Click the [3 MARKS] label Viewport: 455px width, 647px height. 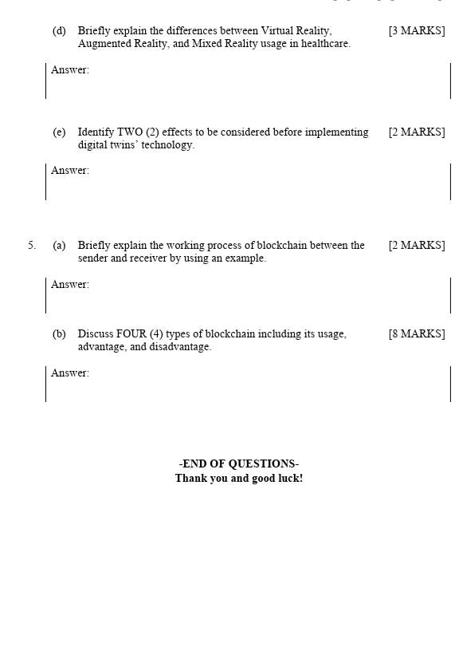pos(416,31)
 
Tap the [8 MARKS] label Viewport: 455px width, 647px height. pos(416,334)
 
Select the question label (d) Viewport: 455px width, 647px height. pos(59,31)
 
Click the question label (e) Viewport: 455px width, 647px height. pos(59,132)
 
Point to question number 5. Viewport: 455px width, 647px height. pos(32,246)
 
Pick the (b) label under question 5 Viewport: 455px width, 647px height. pos(59,334)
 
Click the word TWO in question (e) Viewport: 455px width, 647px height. pos(130,132)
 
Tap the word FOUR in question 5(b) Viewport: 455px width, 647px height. pos(129,334)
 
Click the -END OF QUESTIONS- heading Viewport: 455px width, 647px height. pos(238,464)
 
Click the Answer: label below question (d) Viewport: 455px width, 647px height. pos(70,70)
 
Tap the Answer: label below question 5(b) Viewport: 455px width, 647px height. pos(70,373)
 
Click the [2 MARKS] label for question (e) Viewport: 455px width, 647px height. pos(416,132)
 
